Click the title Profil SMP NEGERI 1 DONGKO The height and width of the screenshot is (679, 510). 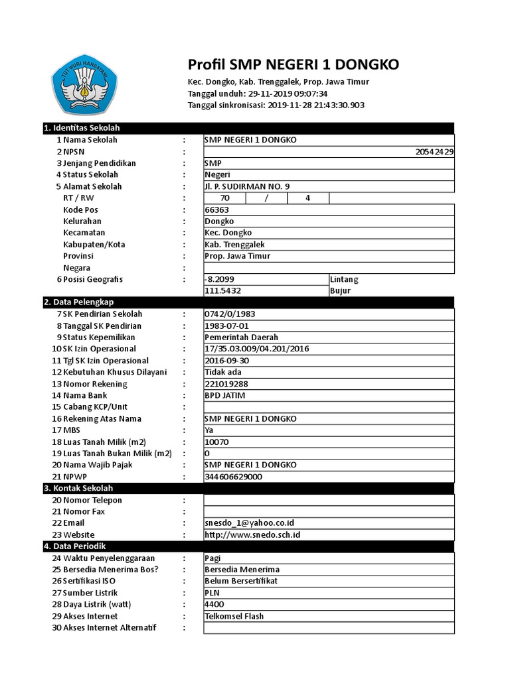294,64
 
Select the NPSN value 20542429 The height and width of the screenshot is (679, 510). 434,152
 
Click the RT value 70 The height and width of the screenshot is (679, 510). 224,198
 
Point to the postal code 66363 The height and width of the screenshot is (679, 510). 216,210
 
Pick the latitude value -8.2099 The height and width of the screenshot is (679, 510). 220,279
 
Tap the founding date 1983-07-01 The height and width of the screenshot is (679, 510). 226,326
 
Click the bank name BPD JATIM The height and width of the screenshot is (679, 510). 225,395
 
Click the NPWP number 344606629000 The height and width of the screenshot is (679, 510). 234,477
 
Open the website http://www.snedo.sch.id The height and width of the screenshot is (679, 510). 252,534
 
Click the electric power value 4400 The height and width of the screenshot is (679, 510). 214,604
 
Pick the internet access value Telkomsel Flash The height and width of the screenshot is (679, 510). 234,616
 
